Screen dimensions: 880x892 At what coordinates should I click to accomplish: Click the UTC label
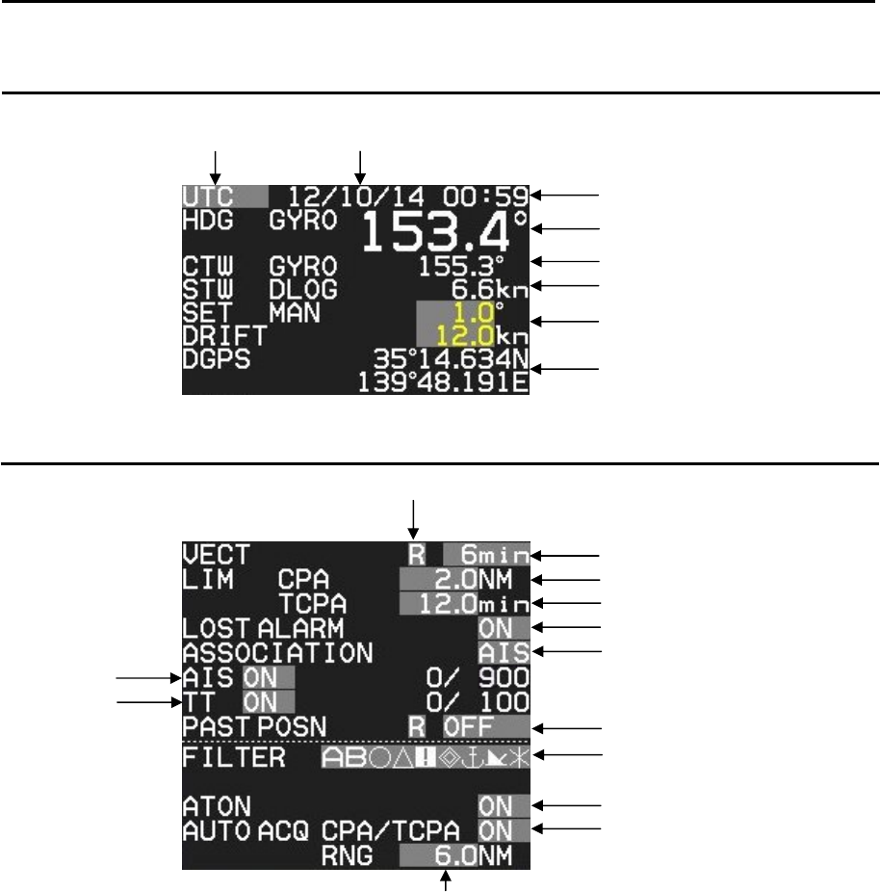(x=204, y=196)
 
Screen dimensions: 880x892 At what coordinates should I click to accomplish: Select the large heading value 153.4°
(x=445, y=232)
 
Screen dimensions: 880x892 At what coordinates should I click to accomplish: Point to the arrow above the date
(x=359, y=164)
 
